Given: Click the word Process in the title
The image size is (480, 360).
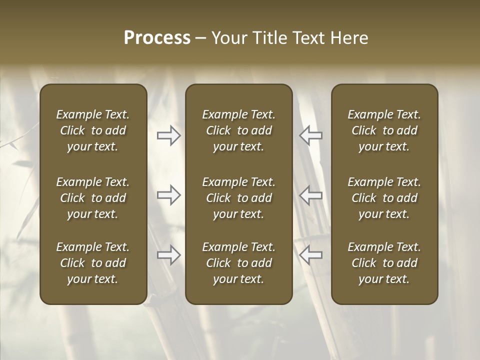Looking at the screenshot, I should click(157, 38).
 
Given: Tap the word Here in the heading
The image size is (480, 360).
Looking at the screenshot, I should click(349, 38).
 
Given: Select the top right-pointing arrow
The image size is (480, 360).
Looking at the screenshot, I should click(169, 135).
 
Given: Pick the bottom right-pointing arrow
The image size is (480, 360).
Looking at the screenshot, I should click(169, 255).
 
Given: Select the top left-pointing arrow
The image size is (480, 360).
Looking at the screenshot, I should click(310, 135).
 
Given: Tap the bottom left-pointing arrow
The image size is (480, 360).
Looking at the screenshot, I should click(310, 255).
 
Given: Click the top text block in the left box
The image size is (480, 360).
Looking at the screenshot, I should click(93, 130).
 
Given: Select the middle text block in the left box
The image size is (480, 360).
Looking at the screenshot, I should click(93, 198).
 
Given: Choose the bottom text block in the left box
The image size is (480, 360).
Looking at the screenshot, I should click(93, 263).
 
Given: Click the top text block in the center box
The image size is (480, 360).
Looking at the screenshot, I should click(238, 130).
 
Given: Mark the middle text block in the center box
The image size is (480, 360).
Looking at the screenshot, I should click(238, 198).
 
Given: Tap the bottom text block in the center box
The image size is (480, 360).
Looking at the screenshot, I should click(238, 263).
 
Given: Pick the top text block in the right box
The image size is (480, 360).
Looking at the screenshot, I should click(384, 130).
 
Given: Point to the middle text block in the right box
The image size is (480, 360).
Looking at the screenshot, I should click(384, 198).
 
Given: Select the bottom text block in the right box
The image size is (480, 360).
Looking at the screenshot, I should click(384, 263).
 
